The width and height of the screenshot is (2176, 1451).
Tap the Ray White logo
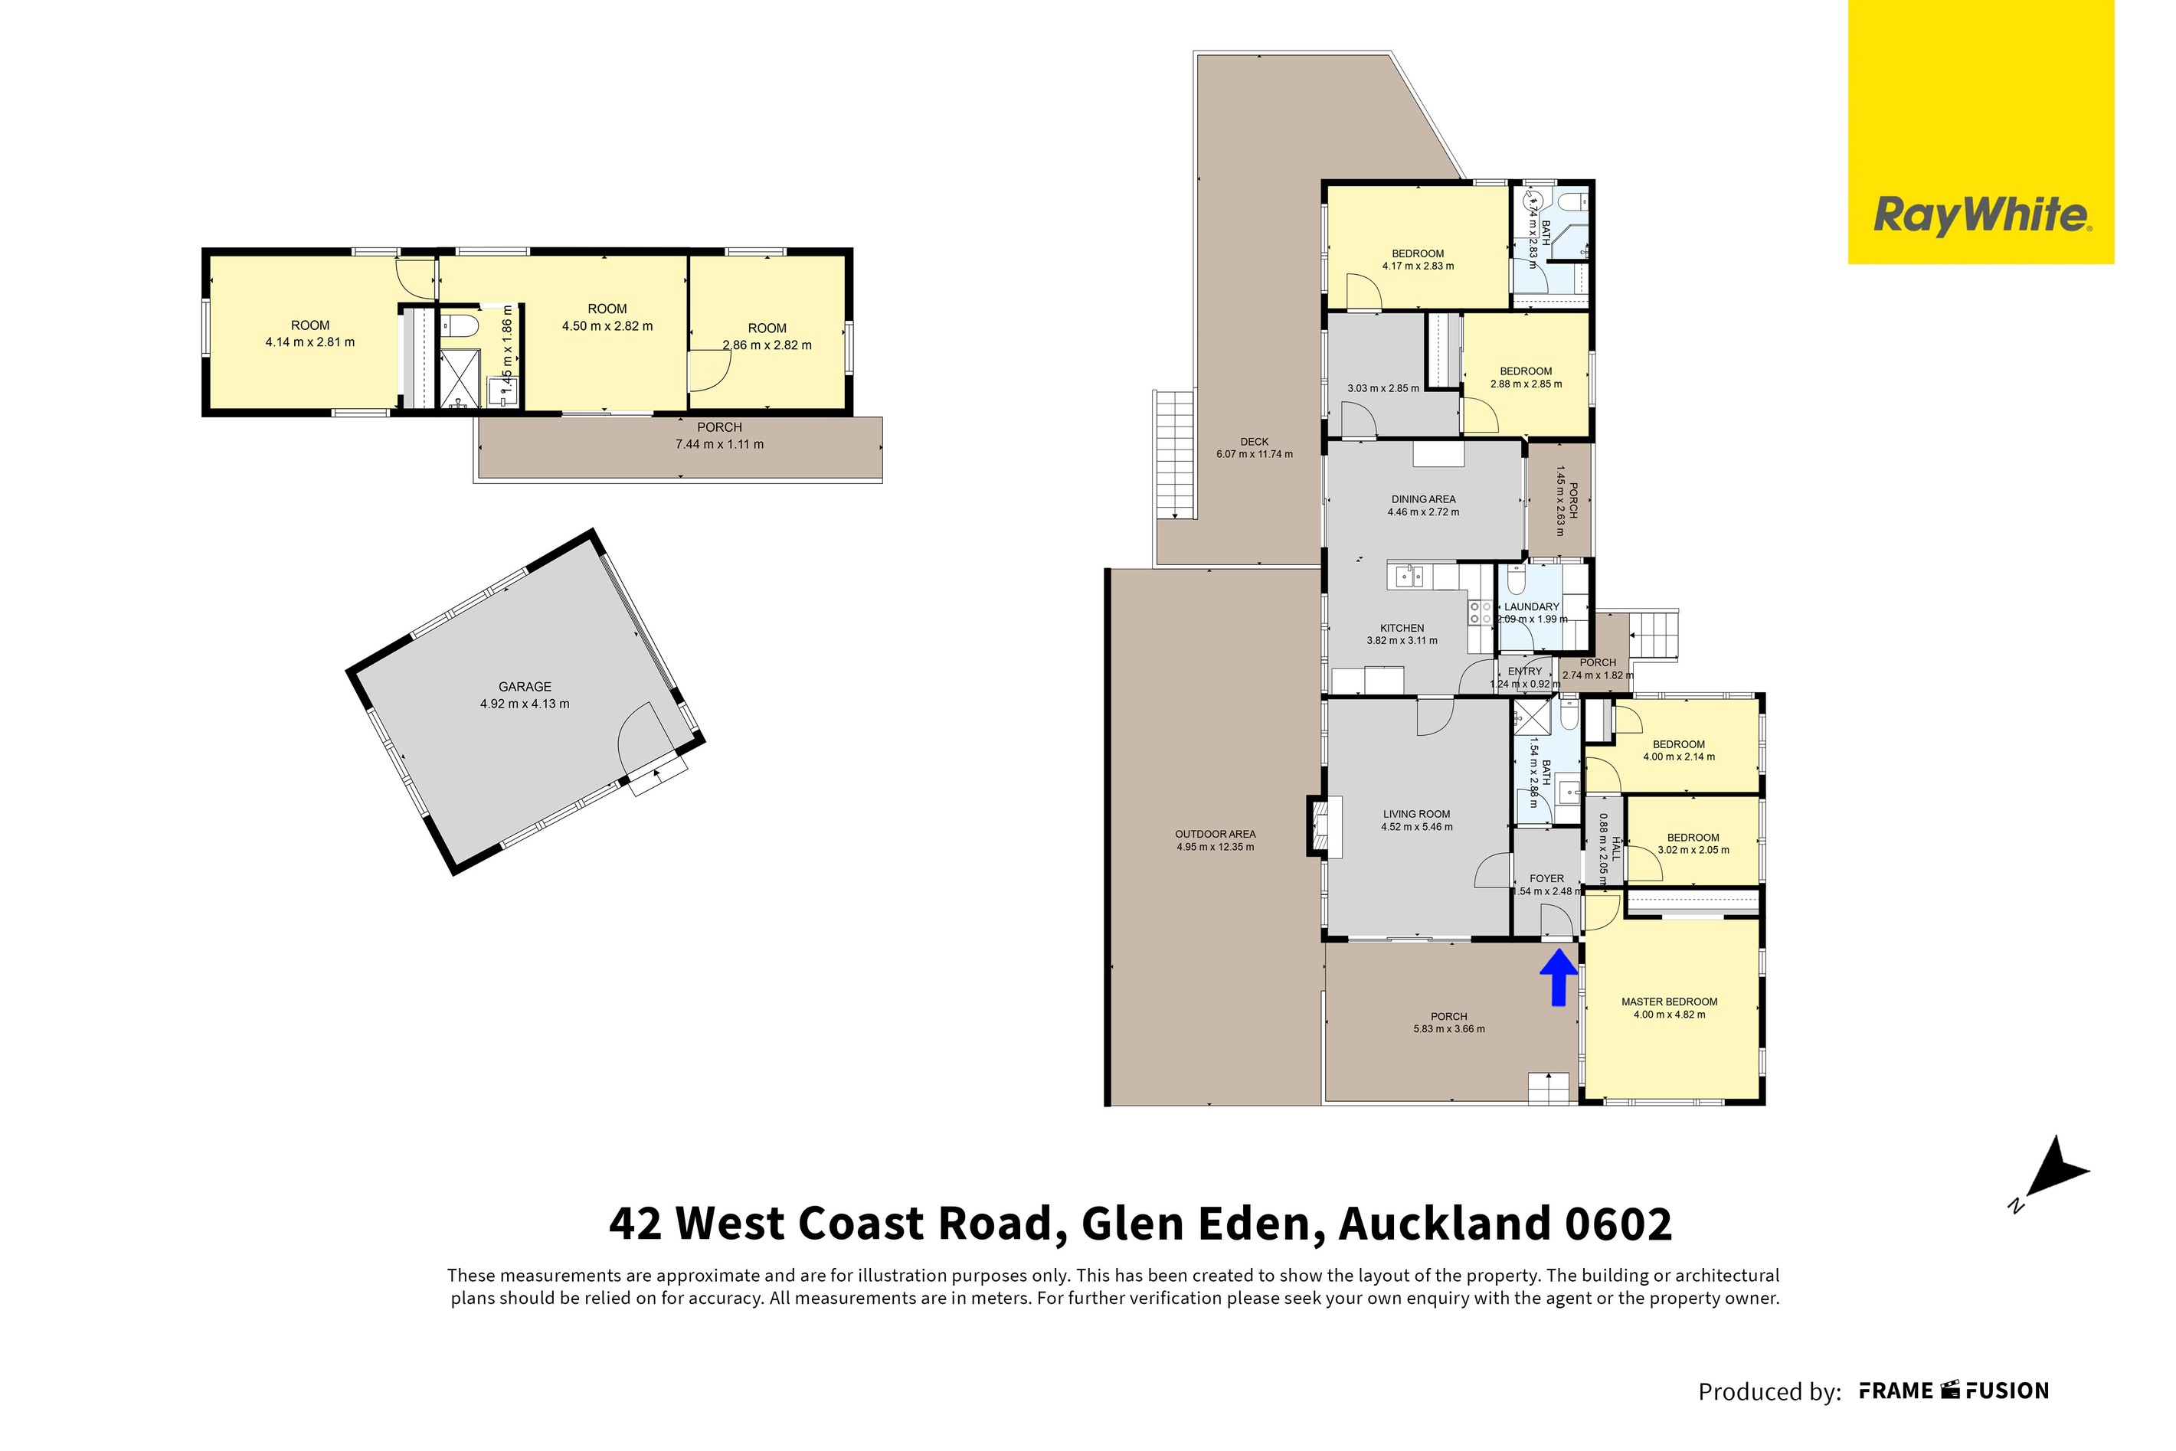[x=1981, y=216]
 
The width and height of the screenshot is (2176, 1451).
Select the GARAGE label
[x=525, y=687]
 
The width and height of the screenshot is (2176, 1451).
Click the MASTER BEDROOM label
[x=1669, y=1002]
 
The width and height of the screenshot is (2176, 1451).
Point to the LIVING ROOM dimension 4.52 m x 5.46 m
[x=1416, y=827]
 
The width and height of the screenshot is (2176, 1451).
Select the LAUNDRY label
[x=1532, y=607]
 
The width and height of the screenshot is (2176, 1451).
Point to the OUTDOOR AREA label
[x=1216, y=834]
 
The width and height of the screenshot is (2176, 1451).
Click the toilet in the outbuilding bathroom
[x=458, y=325]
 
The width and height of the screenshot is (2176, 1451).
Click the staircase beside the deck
[x=1173, y=456]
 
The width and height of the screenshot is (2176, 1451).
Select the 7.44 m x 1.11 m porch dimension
[x=719, y=444]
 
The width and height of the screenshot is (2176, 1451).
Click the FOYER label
[x=1546, y=878]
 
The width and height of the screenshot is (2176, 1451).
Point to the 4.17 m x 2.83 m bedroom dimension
[x=1417, y=266]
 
